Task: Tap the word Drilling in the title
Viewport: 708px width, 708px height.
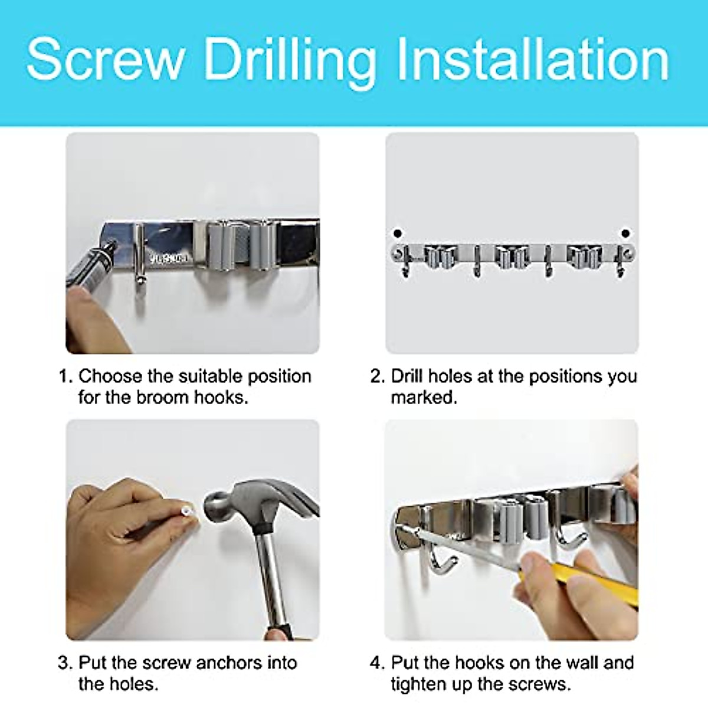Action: point(290,63)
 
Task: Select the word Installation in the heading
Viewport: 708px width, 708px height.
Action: point(533,59)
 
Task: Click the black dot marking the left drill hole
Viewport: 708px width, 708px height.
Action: point(397,233)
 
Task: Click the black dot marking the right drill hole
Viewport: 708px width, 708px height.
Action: point(625,233)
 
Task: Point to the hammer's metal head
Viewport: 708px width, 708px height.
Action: point(257,504)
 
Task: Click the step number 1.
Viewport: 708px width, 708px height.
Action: point(65,376)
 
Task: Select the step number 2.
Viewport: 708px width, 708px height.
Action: point(377,376)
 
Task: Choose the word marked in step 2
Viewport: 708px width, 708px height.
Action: point(424,397)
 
